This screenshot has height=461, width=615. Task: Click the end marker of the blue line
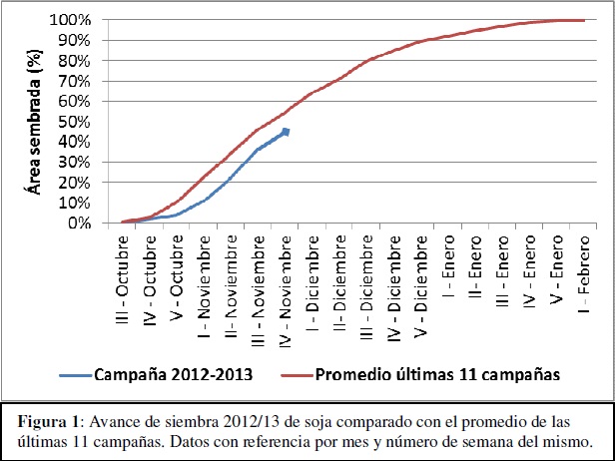tap(287, 132)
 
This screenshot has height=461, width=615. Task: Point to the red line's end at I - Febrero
tap(584, 20)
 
